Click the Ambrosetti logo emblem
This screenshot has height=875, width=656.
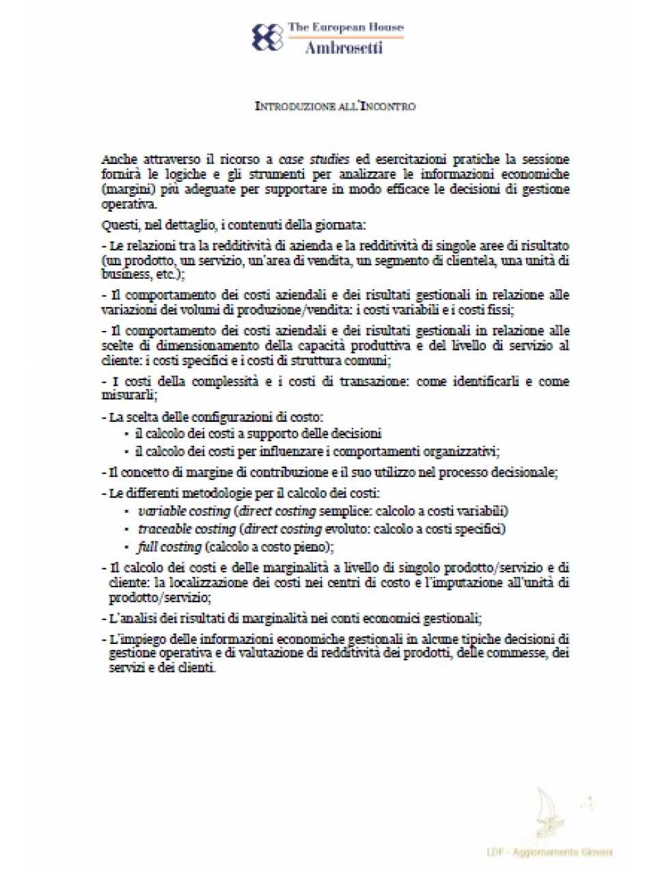[x=267, y=37]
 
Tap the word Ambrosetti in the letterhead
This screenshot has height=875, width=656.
[x=344, y=47]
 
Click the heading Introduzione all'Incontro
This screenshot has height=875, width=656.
[x=335, y=106]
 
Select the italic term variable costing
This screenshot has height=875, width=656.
[x=184, y=511]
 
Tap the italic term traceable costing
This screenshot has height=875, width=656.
[x=187, y=529]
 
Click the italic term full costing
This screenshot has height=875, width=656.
[x=169, y=547]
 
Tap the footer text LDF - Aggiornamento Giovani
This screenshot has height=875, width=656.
[x=549, y=852]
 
